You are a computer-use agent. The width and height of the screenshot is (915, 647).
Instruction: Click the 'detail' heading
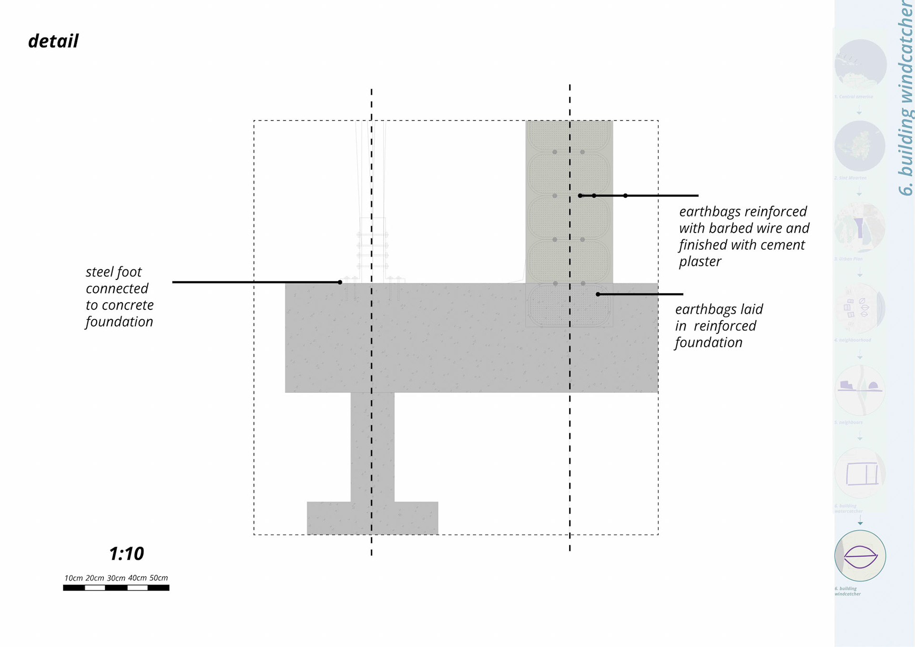(x=53, y=41)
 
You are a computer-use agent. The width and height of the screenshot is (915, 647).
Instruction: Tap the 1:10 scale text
(x=126, y=554)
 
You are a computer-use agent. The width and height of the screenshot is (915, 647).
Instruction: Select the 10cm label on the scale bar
(x=73, y=578)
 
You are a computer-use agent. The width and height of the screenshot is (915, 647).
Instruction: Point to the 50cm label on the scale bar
(x=159, y=578)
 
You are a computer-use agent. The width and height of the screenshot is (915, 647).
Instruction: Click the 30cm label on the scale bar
(x=116, y=578)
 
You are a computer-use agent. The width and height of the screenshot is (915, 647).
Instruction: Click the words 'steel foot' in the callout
(x=113, y=272)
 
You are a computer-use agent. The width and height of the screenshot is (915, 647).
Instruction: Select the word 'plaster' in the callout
(x=700, y=262)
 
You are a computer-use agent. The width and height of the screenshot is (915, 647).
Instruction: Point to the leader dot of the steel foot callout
(x=340, y=282)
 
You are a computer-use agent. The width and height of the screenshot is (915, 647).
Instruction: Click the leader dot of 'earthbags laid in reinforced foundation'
(x=598, y=294)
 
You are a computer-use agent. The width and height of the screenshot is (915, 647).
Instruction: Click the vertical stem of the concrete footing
(x=372, y=446)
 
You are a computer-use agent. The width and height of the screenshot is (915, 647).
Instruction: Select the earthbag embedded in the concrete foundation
(x=569, y=305)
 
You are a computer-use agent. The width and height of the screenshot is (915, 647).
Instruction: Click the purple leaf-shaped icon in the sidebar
(x=860, y=556)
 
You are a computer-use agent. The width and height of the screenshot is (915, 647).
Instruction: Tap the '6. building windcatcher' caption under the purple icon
(x=848, y=591)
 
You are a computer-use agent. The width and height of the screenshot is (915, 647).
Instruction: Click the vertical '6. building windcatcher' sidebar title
(x=905, y=98)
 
